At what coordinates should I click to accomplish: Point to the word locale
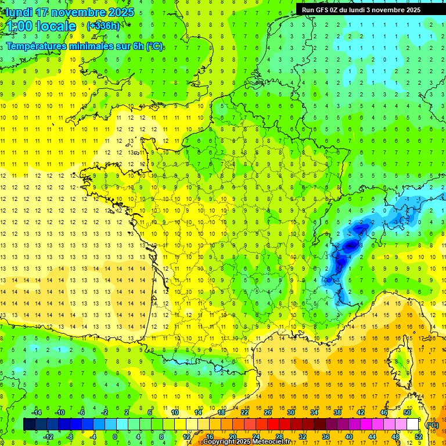(56, 26)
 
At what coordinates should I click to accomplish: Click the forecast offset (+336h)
(103, 26)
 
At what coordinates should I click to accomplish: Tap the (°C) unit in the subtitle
(154, 46)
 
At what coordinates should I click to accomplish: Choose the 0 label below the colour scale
(114, 437)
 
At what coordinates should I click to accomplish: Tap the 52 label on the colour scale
(419, 437)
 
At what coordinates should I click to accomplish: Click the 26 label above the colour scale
(267, 412)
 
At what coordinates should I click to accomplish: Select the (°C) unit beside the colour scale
(433, 425)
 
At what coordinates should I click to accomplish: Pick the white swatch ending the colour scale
(413, 425)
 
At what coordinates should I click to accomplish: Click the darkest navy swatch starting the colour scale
(29, 425)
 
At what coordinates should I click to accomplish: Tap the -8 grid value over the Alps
(351, 245)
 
